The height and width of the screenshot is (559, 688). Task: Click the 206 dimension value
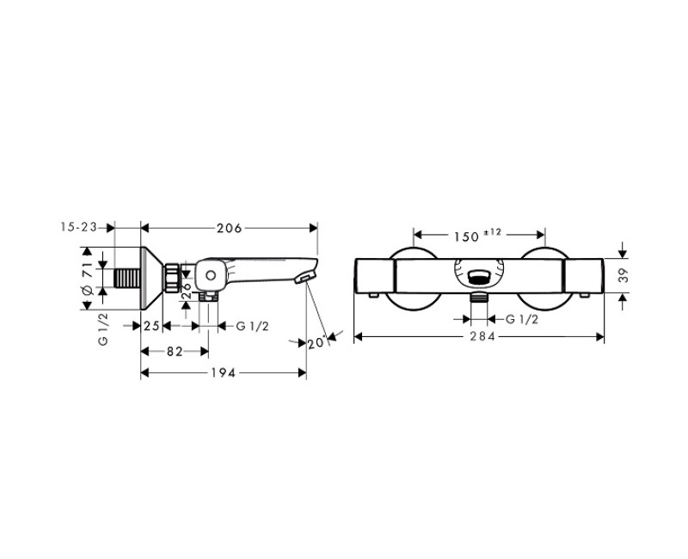click(228, 228)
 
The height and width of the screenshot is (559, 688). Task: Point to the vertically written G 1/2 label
click(103, 329)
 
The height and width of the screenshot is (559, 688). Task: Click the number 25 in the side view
click(152, 325)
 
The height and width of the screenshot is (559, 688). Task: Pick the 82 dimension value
click(175, 350)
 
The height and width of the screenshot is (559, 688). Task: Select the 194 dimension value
click(223, 372)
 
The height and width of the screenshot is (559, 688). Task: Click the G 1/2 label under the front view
click(522, 319)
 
